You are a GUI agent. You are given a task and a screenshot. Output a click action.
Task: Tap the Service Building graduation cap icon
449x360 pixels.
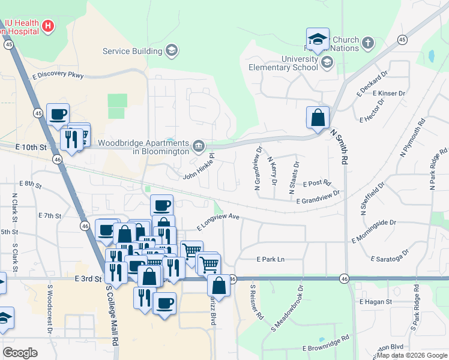(172, 50)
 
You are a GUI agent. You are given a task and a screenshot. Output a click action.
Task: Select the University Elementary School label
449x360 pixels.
(283, 63)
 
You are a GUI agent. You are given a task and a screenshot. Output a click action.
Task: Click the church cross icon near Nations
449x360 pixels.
(367, 43)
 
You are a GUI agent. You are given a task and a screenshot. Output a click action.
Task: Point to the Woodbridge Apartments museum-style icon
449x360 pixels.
(198, 146)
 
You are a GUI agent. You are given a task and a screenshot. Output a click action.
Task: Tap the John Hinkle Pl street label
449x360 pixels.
(199, 169)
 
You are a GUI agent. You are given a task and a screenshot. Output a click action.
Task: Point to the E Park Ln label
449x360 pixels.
(270, 260)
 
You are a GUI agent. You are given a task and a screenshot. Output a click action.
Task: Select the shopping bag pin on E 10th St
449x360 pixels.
(318, 118)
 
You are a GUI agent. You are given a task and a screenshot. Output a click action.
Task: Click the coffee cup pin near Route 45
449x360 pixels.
(58, 114)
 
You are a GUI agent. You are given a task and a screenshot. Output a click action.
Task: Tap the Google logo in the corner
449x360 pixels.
(20, 353)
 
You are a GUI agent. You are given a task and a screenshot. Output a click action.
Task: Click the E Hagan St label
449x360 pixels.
(375, 302)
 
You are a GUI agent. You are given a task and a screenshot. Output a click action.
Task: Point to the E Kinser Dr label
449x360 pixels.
(388, 94)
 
